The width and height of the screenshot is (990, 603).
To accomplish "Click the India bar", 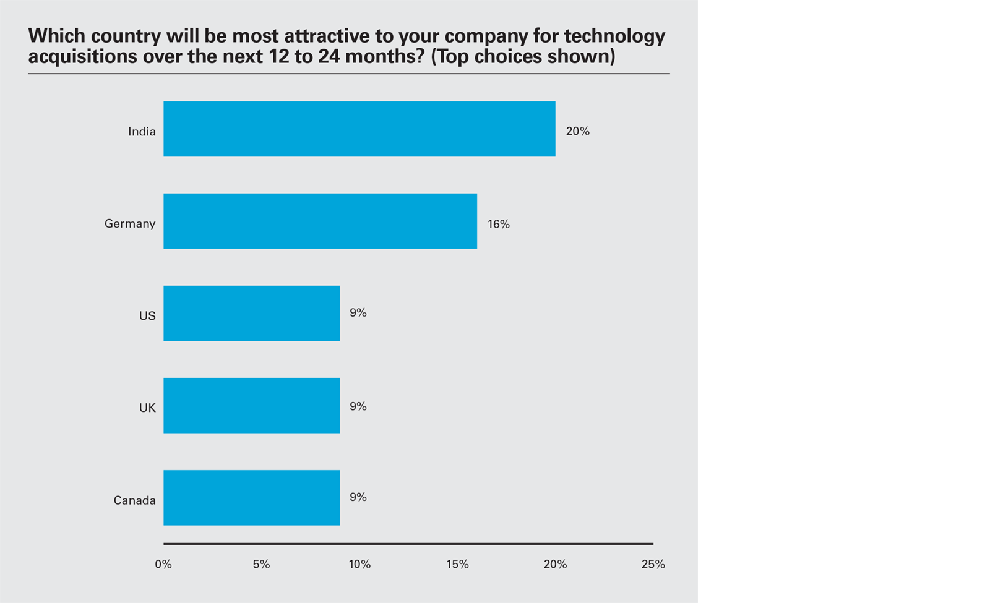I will (359, 129).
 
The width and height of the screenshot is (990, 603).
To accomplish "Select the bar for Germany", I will (320, 221).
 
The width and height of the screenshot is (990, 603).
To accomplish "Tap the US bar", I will (251, 313).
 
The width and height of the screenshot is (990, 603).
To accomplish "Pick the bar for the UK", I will (251, 405).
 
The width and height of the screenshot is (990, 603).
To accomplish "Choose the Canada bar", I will (251, 497).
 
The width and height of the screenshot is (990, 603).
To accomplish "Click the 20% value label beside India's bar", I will (577, 131).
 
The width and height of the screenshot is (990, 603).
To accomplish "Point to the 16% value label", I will (498, 224).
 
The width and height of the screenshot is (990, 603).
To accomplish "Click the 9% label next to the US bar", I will (358, 313).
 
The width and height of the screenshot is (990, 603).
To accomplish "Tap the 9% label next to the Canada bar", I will (358, 497).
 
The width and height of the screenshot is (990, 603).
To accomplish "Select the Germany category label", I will (129, 223).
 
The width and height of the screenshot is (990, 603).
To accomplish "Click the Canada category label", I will (134, 500).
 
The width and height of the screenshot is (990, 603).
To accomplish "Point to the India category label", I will (142, 131).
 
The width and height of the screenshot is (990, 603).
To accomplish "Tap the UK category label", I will (147, 408).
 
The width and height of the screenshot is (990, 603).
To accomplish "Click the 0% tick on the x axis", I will (163, 564).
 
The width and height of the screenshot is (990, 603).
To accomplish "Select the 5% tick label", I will (261, 564).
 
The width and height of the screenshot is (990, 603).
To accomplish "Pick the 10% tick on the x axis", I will (359, 564).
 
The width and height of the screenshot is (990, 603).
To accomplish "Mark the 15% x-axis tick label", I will (457, 564).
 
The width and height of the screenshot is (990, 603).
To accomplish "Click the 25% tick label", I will (653, 564).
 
